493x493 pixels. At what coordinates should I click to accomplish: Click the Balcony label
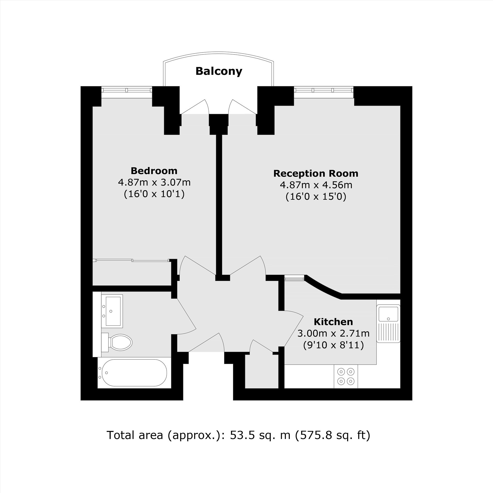tap(219, 71)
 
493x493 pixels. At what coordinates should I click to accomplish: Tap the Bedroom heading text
tap(154, 171)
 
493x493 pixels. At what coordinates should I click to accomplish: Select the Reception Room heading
tap(316, 174)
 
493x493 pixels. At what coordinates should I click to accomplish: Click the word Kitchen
tap(333, 322)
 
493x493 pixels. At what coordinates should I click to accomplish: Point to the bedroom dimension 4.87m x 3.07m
tap(154, 182)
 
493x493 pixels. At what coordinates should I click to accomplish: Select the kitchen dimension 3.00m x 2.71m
tap(333, 333)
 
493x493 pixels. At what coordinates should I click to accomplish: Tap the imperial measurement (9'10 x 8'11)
tap(333, 345)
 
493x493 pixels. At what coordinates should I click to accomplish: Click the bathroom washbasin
tap(112, 311)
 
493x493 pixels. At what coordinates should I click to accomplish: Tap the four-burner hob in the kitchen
tap(346, 376)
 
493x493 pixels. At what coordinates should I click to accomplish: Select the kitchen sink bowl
tap(388, 314)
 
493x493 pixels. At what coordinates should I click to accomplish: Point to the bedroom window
tap(126, 89)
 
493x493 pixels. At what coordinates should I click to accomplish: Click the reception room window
tap(324, 89)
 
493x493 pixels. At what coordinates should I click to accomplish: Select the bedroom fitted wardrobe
tap(132, 273)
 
